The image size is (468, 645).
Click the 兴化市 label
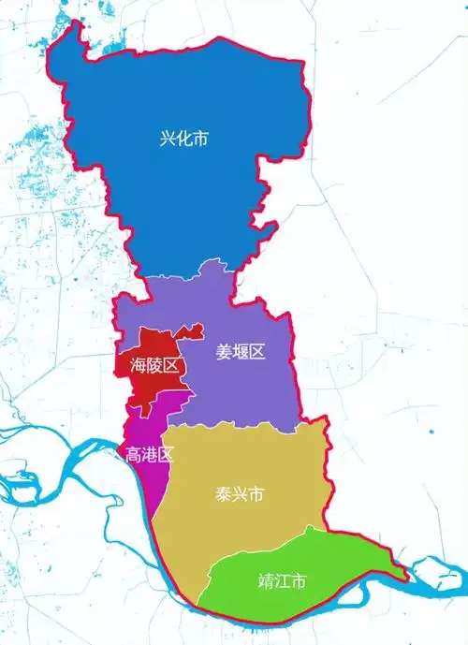click(183, 139)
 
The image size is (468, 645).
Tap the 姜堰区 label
click(241, 352)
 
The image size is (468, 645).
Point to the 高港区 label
click(150, 456)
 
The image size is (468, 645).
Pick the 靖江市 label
click(282, 580)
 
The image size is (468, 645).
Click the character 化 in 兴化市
click(183, 139)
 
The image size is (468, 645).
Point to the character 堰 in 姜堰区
click(241, 352)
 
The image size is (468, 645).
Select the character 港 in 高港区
click(150, 456)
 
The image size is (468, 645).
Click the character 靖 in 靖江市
click(265, 580)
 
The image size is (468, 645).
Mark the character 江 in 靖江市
click(282, 580)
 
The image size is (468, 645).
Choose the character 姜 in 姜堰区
click(224, 352)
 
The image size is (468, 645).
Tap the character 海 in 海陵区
click(138, 366)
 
